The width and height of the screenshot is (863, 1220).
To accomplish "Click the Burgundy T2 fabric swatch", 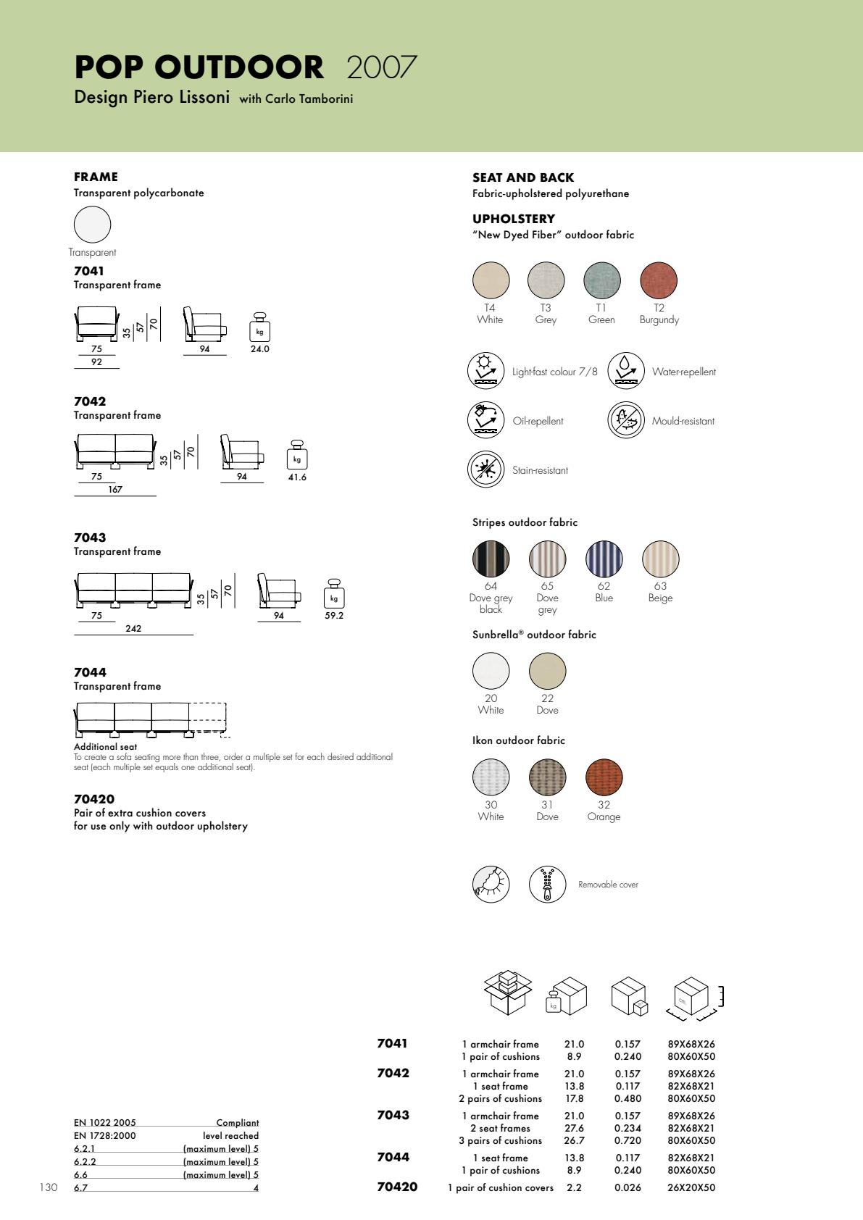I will [659, 280].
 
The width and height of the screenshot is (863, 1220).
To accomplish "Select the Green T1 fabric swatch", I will [602, 280].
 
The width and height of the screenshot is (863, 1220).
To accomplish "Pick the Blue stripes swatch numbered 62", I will [604, 559].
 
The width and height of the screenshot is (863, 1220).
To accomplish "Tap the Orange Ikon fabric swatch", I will [604, 777].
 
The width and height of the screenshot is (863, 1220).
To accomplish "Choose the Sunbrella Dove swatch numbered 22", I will [547, 671].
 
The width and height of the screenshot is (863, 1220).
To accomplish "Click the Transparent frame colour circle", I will [93, 224].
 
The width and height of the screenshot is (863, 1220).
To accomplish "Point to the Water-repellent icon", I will [626, 371].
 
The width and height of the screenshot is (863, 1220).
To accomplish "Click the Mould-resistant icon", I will [626, 420].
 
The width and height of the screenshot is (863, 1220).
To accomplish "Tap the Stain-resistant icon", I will [485, 469].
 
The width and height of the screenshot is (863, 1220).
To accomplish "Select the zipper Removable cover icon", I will [547, 884].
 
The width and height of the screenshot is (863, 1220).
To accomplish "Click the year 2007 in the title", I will [382, 67].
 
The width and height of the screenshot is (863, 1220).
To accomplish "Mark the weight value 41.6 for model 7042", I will [297, 477].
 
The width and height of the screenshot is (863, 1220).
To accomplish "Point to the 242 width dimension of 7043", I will [133, 629].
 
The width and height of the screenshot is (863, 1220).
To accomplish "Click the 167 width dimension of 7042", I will [115, 490].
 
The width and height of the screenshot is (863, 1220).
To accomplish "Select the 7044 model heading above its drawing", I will [90, 672].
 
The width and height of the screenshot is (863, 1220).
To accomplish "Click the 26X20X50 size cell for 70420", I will [691, 1187].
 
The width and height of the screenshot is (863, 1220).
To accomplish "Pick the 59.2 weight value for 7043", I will [334, 616].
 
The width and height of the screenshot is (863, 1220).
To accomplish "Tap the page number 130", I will [49, 1187].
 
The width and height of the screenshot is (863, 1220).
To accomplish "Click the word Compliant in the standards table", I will [238, 1123].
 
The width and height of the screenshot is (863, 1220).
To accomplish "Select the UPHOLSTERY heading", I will [514, 219].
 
